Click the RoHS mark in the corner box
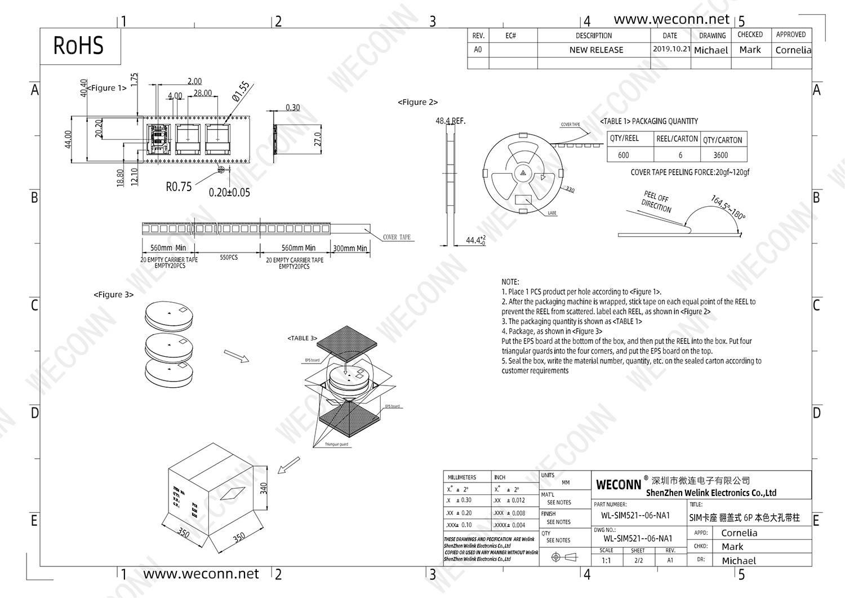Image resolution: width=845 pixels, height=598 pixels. tap(78, 46)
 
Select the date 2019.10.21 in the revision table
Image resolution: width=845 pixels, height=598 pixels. tap(671, 49)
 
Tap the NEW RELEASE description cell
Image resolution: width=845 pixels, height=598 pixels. tap(596, 50)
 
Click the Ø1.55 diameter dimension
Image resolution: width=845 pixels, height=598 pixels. tap(241, 91)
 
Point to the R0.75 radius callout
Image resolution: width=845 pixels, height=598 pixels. tap(179, 187)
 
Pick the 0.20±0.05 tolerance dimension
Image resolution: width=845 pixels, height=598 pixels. tap(229, 192)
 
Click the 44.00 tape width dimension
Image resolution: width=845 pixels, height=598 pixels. tap(68, 139)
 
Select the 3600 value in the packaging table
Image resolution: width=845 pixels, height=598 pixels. tap(721, 155)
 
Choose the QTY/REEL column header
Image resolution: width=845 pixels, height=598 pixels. tap(624, 139)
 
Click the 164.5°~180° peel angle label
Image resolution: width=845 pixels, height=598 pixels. tap(728, 207)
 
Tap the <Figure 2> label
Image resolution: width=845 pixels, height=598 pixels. tap(417, 102)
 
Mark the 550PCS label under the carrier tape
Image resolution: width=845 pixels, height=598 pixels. tap(229, 258)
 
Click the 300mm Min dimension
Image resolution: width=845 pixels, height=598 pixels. tap(350, 248)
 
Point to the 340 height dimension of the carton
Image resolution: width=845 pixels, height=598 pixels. tap(264, 488)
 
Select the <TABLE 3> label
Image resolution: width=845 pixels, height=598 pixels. tap(303, 338)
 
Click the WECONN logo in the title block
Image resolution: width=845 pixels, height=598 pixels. tap(618, 485)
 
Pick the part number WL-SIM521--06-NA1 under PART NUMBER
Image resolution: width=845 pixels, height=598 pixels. tap(635, 515)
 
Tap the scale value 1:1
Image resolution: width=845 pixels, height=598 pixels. tap(606, 561)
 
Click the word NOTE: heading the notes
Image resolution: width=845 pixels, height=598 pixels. tap(510, 282)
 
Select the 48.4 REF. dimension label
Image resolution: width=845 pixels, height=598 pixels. tap(451, 121)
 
